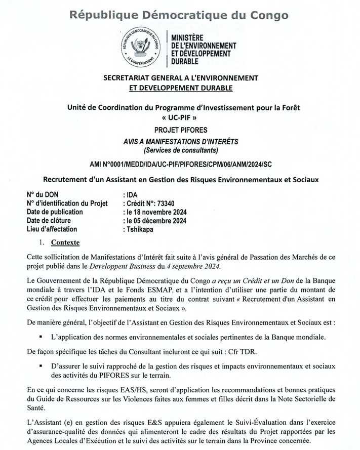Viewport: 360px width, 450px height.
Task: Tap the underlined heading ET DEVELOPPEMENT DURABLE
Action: point(180,88)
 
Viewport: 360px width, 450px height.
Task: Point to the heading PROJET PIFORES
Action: point(180,130)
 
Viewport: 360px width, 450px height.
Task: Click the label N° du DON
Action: point(43,195)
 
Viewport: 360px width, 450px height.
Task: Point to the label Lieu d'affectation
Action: point(54,229)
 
